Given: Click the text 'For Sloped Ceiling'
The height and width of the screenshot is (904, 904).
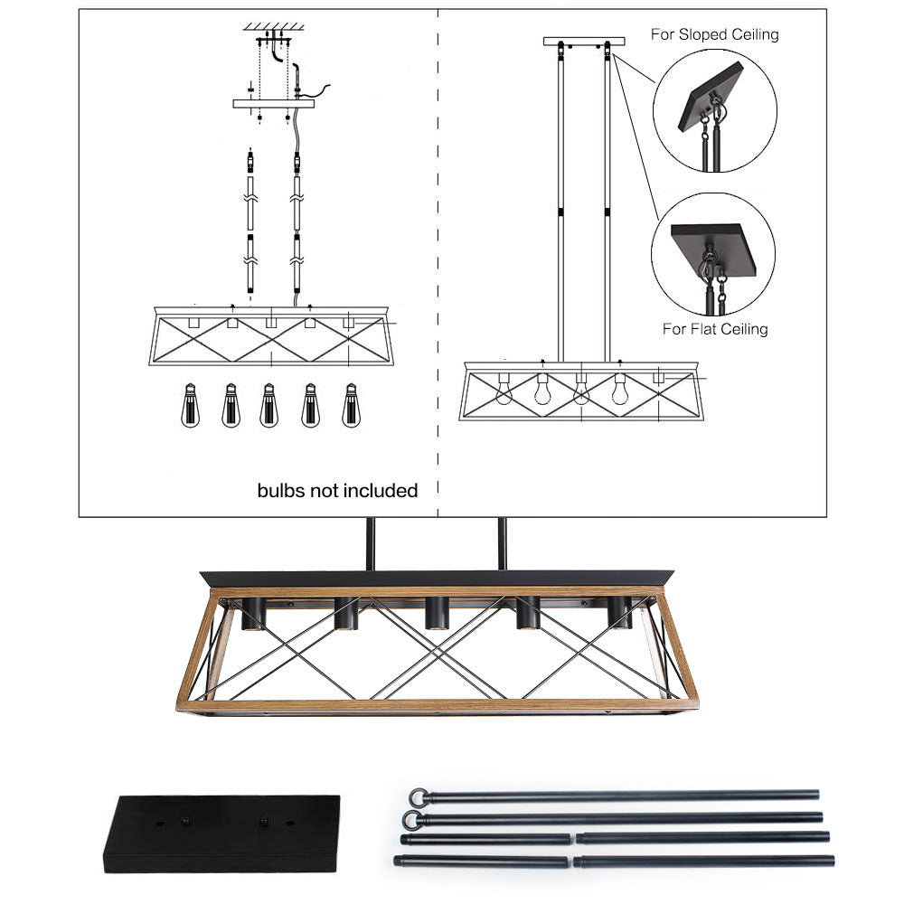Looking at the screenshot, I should pos(714,34).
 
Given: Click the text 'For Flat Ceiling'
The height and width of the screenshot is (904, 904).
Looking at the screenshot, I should pos(714,329).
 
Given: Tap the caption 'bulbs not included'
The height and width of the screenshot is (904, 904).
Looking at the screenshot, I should pos(337,491).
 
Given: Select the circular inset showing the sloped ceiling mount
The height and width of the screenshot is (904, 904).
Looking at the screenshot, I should pos(714,110).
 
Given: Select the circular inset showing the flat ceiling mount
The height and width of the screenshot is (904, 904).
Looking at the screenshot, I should pos(713,254).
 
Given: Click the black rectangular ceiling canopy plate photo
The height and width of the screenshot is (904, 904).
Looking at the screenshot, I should pos(221,833).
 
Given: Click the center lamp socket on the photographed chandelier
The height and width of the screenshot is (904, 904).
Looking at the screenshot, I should pos(436,613).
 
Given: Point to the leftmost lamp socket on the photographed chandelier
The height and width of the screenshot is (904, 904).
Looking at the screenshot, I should pos(252,613).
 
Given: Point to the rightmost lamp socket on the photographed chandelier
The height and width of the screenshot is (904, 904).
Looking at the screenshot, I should pos(619,613).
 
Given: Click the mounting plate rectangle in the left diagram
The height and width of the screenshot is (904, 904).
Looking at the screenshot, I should pos(274,104).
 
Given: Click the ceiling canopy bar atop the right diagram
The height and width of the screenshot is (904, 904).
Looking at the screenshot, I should pos(584,41).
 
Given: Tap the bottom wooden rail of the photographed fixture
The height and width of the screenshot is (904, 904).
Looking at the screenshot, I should pos(438,706).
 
